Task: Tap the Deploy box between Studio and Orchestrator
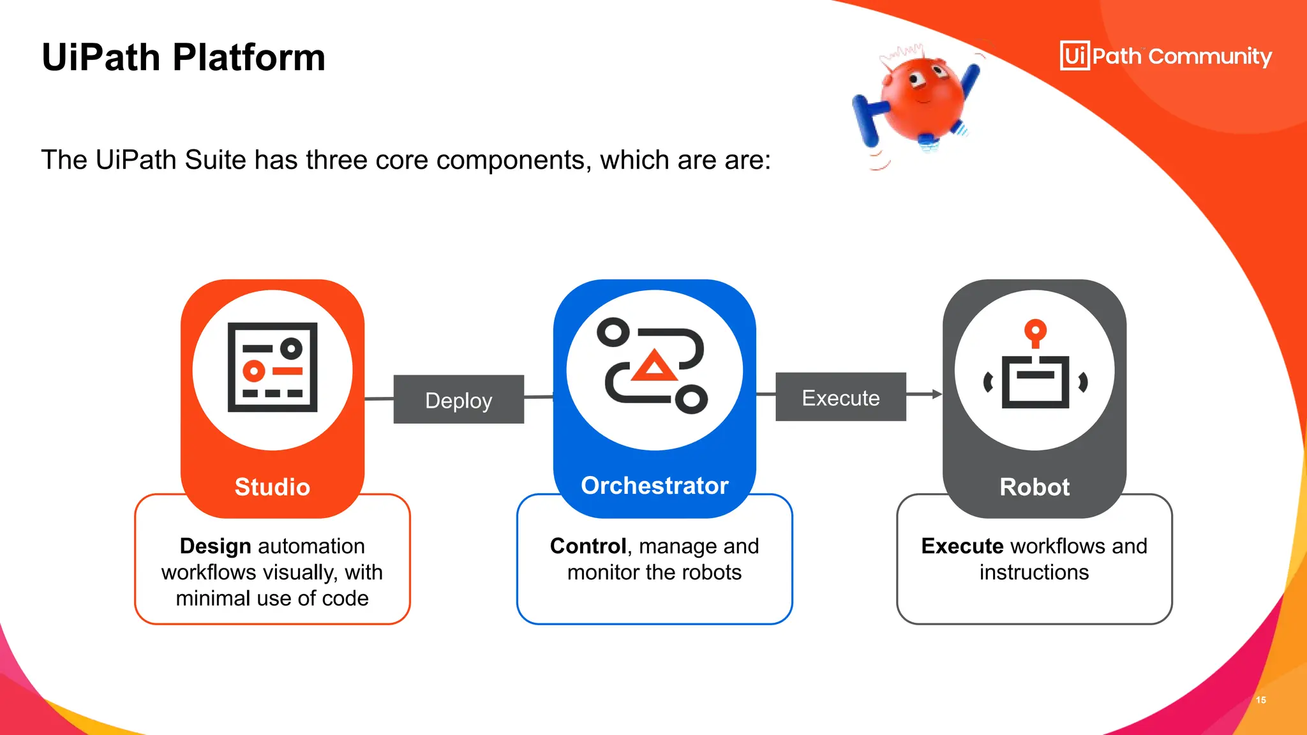(x=458, y=400)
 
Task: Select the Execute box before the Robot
(x=840, y=397)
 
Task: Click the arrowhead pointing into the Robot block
(x=936, y=394)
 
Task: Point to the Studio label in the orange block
(x=273, y=487)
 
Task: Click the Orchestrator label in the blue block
(x=654, y=486)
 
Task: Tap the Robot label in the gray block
(x=1034, y=487)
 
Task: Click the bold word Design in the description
(x=215, y=546)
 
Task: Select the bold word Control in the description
(x=588, y=546)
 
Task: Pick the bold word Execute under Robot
(x=962, y=546)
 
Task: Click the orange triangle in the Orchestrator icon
(x=653, y=366)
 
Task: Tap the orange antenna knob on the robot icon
(x=1035, y=331)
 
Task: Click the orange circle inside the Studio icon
(x=254, y=371)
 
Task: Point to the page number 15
(x=1260, y=700)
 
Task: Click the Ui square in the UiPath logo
(x=1075, y=56)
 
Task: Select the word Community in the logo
(x=1210, y=57)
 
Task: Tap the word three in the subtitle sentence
(x=336, y=160)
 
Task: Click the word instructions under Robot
(x=1034, y=572)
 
